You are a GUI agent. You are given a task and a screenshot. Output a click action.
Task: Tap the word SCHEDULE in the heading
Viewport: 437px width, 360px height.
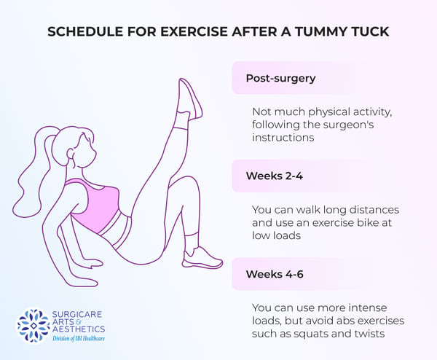(x=85, y=31)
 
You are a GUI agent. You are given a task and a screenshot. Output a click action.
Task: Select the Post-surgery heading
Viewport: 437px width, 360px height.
(x=280, y=78)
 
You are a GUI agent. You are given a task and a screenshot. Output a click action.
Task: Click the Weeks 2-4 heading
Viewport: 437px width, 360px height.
(x=275, y=176)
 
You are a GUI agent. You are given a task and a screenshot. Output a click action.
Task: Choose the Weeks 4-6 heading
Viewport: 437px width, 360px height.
(x=275, y=274)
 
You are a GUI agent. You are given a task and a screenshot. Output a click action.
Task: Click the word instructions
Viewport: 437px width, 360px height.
(x=283, y=138)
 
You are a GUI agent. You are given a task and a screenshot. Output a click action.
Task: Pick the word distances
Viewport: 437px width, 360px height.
(x=374, y=210)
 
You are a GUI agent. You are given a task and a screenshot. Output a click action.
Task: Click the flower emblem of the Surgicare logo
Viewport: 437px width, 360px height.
(x=34, y=326)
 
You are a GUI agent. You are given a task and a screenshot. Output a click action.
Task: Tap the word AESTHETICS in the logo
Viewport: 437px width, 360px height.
(x=79, y=329)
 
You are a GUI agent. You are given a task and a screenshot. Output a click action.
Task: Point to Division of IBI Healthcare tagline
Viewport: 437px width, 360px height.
(x=79, y=339)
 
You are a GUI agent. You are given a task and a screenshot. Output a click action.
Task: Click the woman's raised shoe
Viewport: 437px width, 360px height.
(x=191, y=98)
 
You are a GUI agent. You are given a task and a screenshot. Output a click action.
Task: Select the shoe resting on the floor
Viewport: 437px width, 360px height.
(x=202, y=259)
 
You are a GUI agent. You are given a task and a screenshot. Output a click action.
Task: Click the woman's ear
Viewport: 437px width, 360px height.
(x=70, y=154)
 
